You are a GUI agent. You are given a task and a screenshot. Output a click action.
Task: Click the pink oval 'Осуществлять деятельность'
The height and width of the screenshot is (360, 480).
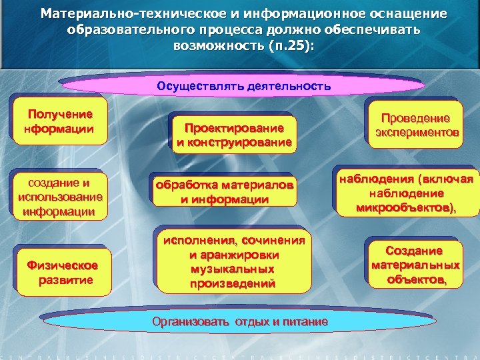(243, 87)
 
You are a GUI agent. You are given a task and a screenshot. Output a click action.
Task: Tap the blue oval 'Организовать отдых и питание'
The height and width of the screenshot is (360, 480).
(240, 322)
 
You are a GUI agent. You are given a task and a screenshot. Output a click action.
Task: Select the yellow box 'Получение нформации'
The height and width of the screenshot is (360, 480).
(59, 121)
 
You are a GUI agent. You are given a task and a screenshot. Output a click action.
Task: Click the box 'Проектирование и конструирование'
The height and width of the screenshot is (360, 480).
(233, 134)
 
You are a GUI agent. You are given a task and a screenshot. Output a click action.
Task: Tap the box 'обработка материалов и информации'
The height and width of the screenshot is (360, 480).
(224, 192)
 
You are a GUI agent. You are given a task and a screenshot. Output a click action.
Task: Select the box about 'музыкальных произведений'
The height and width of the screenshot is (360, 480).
(232, 261)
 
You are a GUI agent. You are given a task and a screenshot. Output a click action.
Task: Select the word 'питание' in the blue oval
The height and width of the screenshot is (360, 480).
(307, 322)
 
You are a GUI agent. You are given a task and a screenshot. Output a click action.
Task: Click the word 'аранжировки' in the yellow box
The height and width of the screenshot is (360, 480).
(233, 255)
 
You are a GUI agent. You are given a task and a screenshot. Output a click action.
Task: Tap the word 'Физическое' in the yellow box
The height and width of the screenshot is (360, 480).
(62, 265)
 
